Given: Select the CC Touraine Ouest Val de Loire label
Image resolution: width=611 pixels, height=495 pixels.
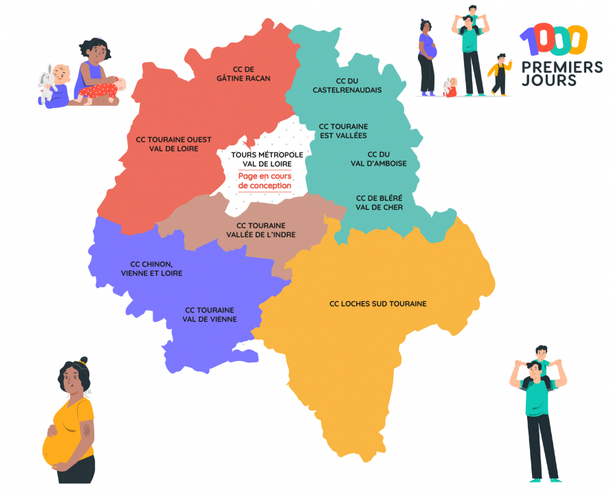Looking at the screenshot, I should click(x=173, y=144).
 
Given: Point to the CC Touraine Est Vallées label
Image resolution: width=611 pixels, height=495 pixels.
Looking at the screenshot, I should click(x=343, y=131).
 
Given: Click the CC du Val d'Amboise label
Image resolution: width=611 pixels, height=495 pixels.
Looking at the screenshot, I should click(x=379, y=159).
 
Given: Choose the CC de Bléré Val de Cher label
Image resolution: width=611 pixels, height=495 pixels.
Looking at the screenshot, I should click(x=379, y=202).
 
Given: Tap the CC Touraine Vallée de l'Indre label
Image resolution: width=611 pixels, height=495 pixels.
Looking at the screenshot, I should click(x=260, y=230).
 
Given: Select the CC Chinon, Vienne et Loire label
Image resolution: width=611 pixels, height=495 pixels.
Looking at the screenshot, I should click(x=151, y=268).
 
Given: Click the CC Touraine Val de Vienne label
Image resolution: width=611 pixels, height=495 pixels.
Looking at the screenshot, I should click(x=210, y=314).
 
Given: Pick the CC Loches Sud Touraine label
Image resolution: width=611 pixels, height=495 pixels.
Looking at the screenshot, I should click(x=377, y=304).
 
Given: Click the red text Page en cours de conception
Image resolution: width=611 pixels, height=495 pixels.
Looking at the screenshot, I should click(x=265, y=181).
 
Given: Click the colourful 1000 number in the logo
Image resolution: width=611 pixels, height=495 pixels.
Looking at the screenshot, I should click(x=554, y=41).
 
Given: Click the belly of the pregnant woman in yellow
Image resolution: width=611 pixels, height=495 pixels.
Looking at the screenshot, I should click(x=55, y=447).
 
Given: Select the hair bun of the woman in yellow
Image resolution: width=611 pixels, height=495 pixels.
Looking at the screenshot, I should click(x=83, y=361).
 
